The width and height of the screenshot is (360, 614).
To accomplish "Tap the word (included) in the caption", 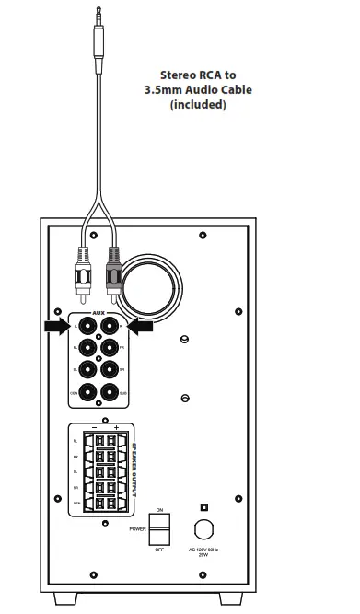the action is point(198,105).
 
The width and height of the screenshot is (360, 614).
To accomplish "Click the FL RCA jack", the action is point(88,348).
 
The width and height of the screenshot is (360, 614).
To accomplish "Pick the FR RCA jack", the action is point(111,348).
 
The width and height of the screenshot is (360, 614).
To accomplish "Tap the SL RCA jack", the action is point(88,371).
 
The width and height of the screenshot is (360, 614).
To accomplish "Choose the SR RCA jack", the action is point(111,371).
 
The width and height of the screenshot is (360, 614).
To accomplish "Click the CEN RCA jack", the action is point(88,394).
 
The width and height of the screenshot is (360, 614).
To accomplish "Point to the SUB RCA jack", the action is point(111,394).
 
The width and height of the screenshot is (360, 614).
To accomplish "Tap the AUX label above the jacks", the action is point(99,312).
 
